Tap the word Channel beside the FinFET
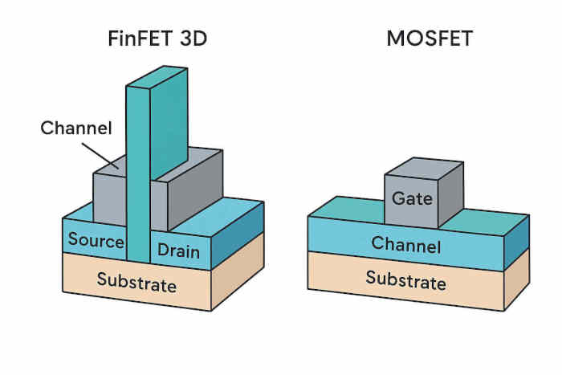click(x=76, y=128)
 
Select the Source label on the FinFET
click(x=96, y=239)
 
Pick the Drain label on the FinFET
click(x=178, y=251)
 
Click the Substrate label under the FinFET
click(x=136, y=282)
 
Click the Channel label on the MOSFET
click(x=405, y=245)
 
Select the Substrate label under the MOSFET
click(x=405, y=279)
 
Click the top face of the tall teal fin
click(x=157, y=75)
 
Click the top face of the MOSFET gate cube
click(x=424, y=167)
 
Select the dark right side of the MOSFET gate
click(x=451, y=193)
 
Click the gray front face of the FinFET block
click(x=109, y=198)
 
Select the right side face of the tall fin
click(x=169, y=124)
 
